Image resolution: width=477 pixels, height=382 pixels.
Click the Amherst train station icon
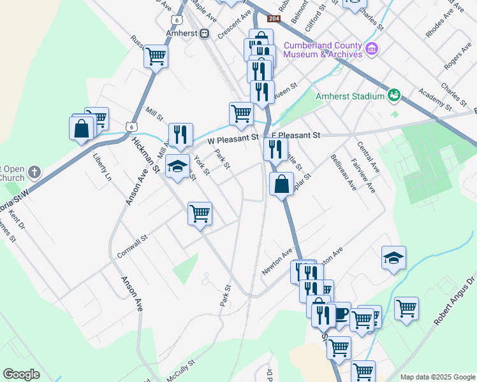click(205, 33)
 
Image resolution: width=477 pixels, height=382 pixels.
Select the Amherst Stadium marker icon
click(394, 96)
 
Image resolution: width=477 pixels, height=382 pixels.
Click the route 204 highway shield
click(273, 19)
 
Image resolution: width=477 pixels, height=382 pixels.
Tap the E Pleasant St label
click(295, 135)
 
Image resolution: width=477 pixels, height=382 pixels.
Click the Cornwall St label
click(133, 246)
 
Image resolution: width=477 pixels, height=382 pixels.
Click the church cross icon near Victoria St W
click(34, 172)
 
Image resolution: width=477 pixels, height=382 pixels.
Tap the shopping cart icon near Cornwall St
click(200, 213)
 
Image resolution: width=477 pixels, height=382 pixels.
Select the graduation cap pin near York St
click(178, 166)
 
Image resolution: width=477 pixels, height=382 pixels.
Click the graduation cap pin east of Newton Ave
click(393, 257)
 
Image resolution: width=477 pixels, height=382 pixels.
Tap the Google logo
click(21, 374)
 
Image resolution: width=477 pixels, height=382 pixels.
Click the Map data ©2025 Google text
click(437, 377)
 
